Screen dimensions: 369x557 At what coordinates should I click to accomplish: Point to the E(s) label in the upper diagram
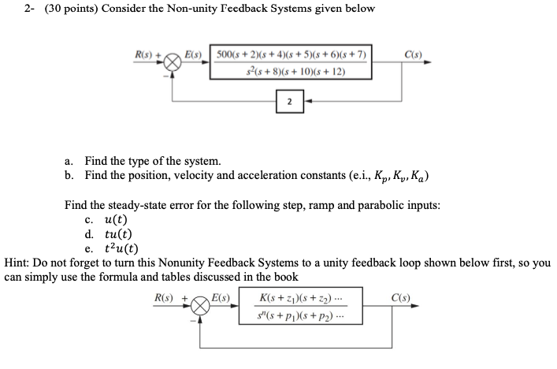pyautogui.click(x=194, y=54)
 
